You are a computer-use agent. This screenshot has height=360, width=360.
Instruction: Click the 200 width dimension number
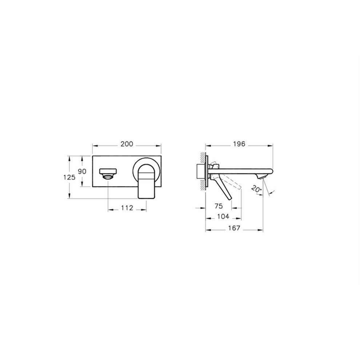(127, 144)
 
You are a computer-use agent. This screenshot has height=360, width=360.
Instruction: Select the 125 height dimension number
(69, 177)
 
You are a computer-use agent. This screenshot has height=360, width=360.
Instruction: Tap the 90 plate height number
(82, 171)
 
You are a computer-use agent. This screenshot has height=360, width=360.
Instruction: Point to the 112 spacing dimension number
(127, 208)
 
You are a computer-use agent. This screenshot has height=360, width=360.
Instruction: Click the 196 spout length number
(239, 144)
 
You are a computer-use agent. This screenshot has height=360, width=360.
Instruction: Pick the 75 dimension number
(219, 206)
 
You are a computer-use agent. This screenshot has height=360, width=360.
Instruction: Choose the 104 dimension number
(223, 216)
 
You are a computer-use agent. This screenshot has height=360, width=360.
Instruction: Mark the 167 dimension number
(234, 228)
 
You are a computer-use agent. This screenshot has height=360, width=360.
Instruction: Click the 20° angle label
(256, 189)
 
